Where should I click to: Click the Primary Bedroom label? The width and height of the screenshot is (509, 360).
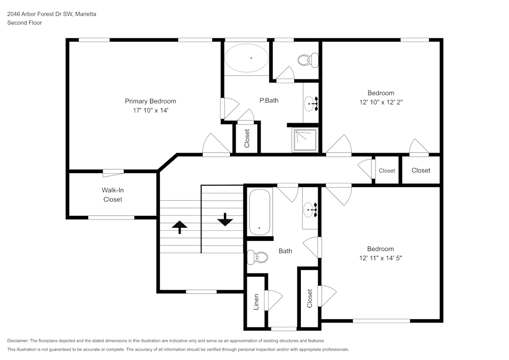click(150, 101)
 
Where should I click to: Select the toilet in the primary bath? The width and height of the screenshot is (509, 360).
click(304, 61)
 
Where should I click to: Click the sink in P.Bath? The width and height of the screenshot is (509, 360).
click(310, 104)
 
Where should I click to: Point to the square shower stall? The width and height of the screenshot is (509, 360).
click(305, 140)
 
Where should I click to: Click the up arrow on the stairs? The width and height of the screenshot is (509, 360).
click(179, 227)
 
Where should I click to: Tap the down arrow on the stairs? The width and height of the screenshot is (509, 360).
click(224, 220)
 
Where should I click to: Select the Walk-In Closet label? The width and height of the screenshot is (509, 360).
click(112, 195)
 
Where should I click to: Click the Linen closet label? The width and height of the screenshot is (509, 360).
click(257, 301)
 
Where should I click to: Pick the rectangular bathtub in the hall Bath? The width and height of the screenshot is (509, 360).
click(260, 212)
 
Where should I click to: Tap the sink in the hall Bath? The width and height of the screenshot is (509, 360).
click(310, 209)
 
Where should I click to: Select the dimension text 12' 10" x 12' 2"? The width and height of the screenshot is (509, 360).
click(381, 102)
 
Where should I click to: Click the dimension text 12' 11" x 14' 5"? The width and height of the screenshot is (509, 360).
click(381, 258)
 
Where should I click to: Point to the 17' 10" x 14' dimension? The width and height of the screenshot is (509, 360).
click(150, 110)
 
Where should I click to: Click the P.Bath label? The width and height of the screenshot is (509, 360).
click(269, 100)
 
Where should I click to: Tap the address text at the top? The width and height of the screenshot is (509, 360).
click(51, 14)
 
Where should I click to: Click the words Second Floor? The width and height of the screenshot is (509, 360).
click(24, 23)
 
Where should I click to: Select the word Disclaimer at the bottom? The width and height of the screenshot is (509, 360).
click(18, 341)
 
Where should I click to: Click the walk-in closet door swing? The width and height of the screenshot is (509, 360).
click(112, 174)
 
